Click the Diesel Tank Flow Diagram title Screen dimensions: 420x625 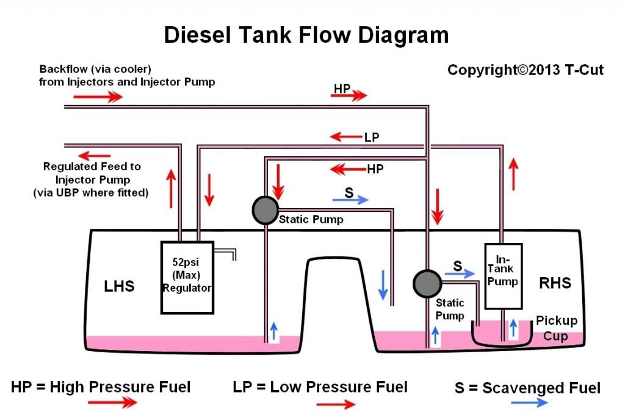306,35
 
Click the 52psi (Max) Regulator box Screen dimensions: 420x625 187,277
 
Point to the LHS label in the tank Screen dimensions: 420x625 119,285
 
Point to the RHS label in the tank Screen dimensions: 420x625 555,283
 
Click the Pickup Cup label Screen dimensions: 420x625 556,328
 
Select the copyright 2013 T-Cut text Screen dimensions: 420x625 526,70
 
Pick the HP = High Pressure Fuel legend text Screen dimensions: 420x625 101,386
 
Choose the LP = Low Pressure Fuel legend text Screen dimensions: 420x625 320,386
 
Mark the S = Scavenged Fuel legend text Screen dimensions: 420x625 527,388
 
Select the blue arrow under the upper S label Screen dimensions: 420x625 351,199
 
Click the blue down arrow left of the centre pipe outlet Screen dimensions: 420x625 382,284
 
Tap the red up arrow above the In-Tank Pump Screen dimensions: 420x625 514,173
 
